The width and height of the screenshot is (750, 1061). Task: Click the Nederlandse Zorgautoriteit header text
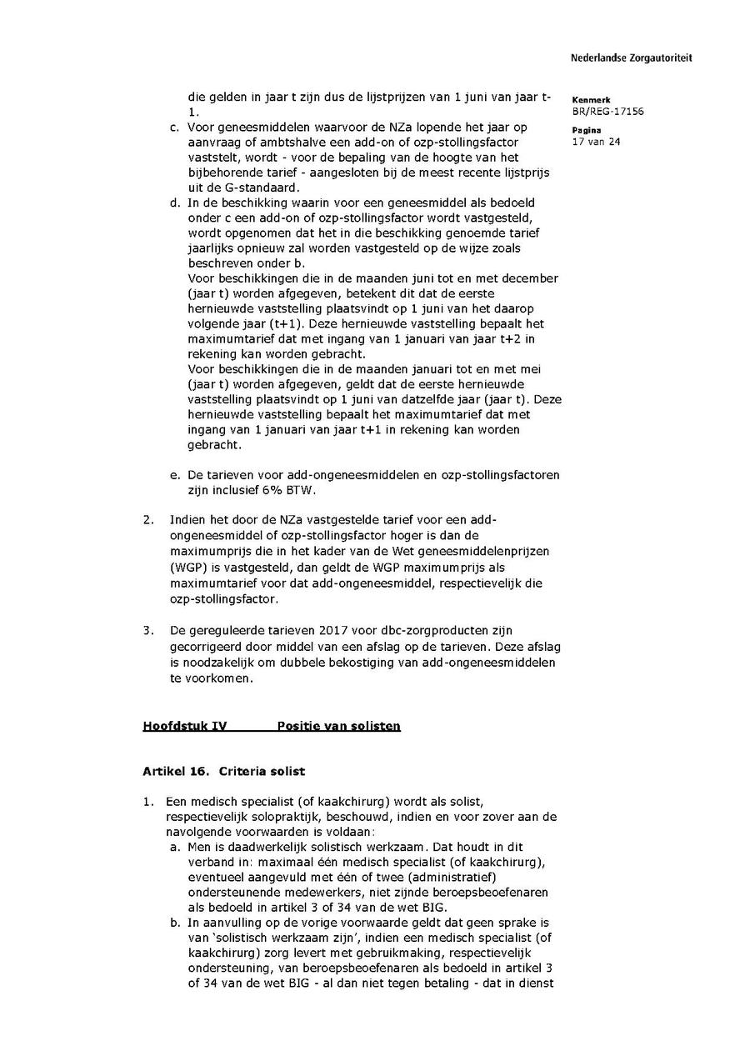[x=631, y=58]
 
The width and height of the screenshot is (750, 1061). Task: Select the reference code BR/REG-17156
[x=607, y=112]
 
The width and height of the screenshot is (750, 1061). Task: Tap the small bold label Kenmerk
[x=591, y=100]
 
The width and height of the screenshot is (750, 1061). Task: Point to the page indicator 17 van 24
[x=596, y=142]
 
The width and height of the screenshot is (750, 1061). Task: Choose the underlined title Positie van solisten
[x=338, y=726]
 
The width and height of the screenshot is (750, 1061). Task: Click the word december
[x=527, y=278]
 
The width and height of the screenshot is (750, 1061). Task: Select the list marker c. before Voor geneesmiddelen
[x=174, y=128]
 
